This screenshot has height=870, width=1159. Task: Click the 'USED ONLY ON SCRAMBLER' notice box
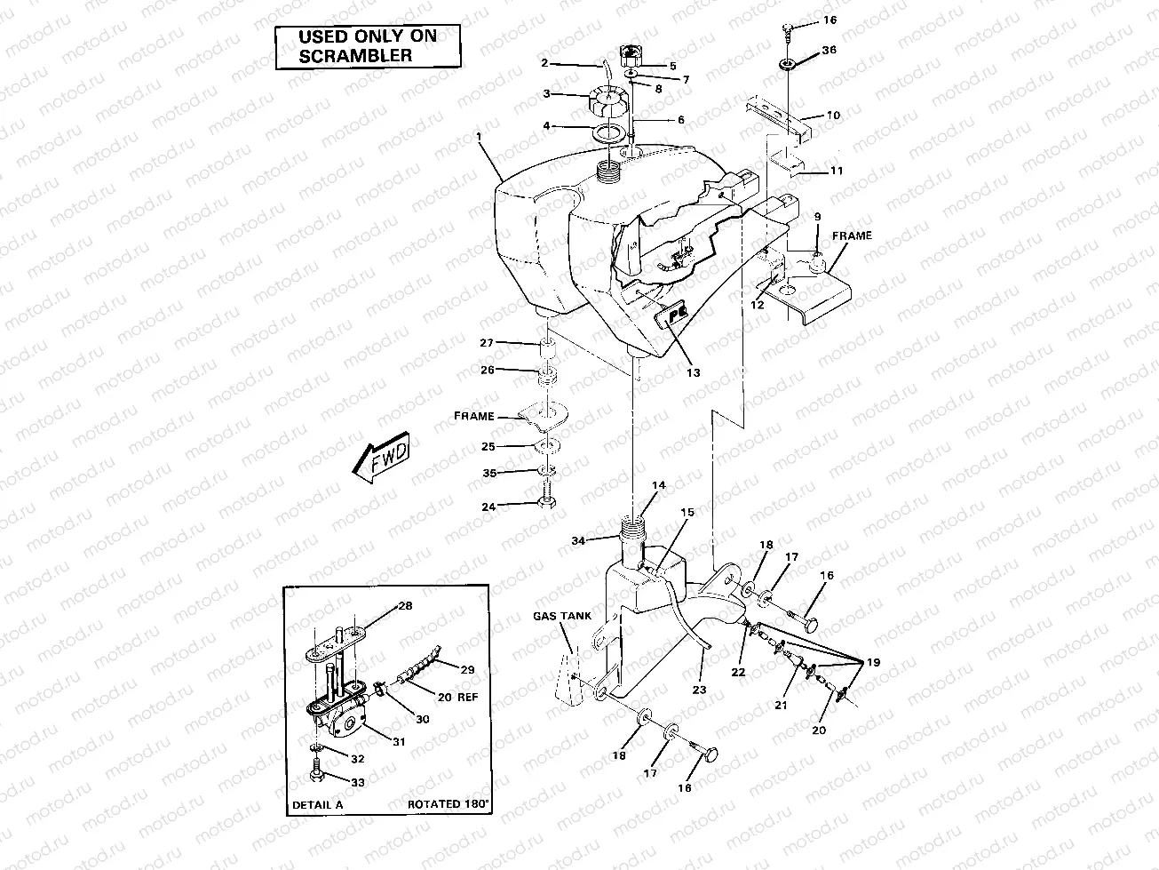click(355, 47)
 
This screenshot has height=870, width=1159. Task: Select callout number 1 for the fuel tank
click(479, 137)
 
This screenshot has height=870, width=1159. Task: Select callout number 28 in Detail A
click(405, 605)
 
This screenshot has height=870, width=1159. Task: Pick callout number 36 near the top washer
click(829, 51)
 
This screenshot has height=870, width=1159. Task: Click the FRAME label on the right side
click(852, 236)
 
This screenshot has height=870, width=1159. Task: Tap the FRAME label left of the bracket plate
click(474, 415)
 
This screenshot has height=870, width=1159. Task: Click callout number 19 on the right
click(873, 663)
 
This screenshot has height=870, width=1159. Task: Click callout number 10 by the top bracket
click(833, 116)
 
